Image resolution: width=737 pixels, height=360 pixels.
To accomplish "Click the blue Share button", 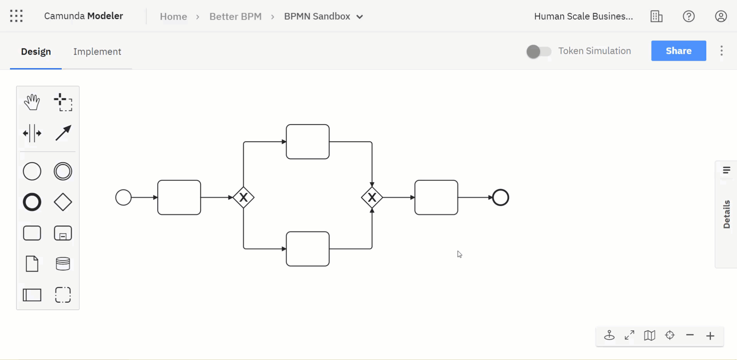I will [x=678, y=51].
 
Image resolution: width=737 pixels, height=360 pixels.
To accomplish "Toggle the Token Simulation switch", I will [x=539, y=51].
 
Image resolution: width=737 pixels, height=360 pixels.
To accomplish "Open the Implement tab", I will [x=97, y=52].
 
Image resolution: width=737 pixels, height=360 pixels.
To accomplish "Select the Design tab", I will [x=36, y=52].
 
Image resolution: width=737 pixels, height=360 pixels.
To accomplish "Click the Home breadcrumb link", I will [x=173, y=17].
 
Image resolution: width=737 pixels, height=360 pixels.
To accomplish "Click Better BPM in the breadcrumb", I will [x=235, y=17].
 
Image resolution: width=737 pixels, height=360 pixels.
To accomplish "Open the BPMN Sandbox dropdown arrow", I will [x=360, y=17].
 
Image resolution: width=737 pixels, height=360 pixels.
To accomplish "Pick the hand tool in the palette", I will [x=32, y=102].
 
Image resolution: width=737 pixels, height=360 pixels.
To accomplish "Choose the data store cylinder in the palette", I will [x=63, y=264].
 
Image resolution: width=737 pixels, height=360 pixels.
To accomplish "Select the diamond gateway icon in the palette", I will [x=63, y=202].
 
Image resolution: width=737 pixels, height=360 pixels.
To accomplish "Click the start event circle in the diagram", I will [x=123, y=198].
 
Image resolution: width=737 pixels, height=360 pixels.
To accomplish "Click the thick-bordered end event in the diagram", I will [x=500, y=198].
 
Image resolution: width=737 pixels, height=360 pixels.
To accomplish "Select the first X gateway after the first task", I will [x=243, y=198].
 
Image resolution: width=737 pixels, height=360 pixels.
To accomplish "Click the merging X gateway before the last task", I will [x=372, y=198].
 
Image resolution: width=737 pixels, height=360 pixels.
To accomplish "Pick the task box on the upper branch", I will [x=308, y=142].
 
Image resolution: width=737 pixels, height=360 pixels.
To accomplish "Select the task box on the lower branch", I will [x=308, y=249].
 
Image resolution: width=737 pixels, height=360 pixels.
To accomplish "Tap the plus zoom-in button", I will [x=710, y=336].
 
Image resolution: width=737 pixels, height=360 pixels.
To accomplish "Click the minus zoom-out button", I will [x=690, y=335].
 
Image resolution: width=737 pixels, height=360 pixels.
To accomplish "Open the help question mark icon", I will [x=689, y=17].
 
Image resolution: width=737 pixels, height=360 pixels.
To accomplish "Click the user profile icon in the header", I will [x=720, y=17].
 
